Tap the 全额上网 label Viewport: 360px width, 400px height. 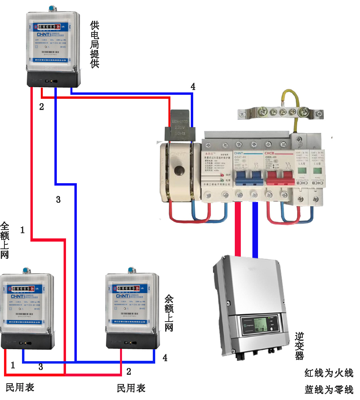(4, 240)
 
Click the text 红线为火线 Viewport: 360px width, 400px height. (329, 373)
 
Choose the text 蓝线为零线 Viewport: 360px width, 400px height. (329, 389)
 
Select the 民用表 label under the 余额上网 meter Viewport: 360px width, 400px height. (131, 388)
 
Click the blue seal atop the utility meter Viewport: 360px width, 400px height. (51, 8)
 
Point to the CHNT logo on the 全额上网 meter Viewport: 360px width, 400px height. (16, 297)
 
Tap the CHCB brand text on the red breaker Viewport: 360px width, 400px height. (273, 153)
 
